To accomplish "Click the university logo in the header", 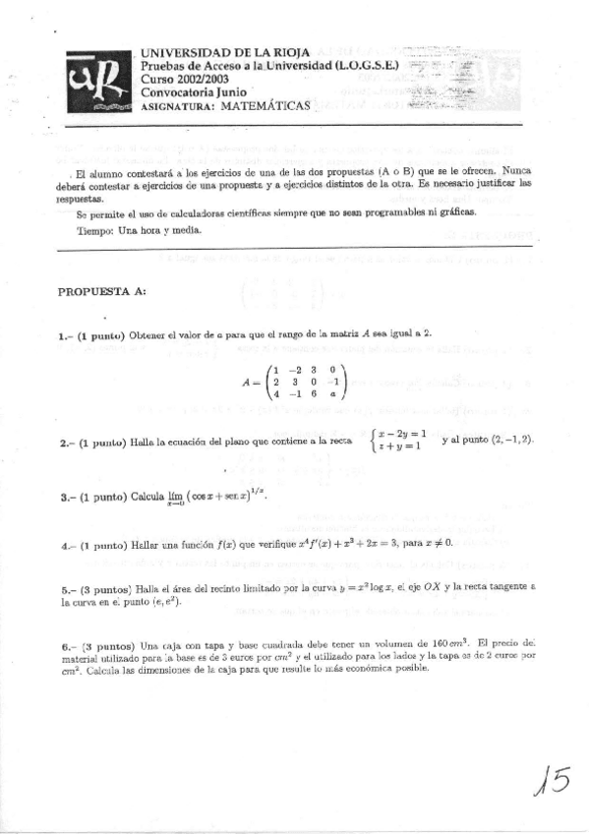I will (x=98, y=84).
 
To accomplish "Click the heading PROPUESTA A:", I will (x=102, y=292).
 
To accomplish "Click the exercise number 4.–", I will (x=66, y=543).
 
